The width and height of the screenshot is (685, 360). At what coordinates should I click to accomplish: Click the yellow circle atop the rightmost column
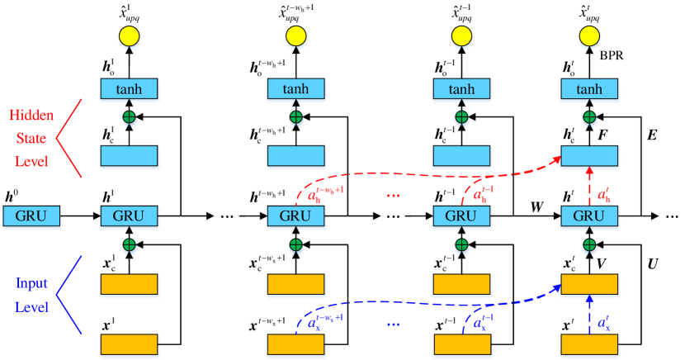(588, 36)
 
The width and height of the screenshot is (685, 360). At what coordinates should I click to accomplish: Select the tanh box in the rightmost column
(588, 89)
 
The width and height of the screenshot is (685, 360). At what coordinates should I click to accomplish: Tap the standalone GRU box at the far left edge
(31, 216)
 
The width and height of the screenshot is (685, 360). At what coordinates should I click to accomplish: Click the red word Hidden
(31, 116)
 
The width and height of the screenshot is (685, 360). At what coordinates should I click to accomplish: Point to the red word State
(31, 138)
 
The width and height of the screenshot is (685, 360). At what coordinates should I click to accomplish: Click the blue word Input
(32, 284)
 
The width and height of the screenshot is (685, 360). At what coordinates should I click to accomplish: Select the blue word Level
(31, 307)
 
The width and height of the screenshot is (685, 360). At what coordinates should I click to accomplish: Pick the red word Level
(31, 161)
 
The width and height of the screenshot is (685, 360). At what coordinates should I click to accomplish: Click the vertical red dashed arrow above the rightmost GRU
(589, 186)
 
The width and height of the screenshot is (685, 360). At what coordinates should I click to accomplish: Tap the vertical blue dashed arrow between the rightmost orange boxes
(589, 314)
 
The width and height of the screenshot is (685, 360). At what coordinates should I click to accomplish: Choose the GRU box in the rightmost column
(588, 216)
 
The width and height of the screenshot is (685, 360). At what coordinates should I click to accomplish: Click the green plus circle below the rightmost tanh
(589, 118)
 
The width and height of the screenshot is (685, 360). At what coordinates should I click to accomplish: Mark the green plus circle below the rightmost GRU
(589, 245)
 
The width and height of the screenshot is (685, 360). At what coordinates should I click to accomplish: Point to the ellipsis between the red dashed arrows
(393, 196)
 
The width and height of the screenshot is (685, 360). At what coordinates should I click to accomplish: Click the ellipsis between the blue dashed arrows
(393, 324)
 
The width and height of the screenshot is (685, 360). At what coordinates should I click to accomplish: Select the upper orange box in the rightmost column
(589, 284)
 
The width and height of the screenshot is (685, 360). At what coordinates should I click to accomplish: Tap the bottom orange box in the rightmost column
(589, 343)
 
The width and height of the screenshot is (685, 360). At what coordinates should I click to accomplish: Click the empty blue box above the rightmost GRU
(589, 156)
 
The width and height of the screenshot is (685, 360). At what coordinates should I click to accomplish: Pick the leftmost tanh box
(129, 89)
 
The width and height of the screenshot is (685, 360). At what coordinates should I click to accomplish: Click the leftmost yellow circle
(129, 36)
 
